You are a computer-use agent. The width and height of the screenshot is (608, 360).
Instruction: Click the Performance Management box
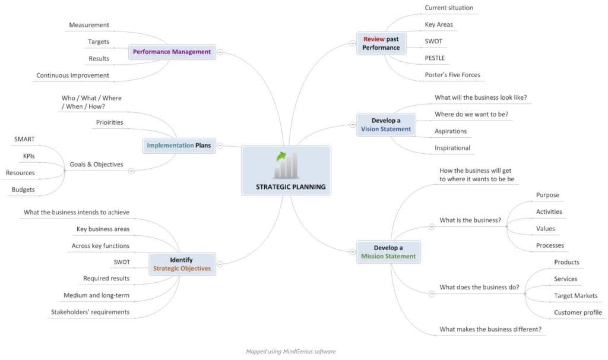pyautogui.click(x=172, y=52)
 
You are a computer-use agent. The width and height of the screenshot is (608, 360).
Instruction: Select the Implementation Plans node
pyautogui.click(x=179, y=146)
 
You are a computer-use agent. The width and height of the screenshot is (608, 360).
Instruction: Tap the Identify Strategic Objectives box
pyautogui.click(x=182, y=264)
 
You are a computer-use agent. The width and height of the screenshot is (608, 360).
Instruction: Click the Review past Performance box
pyautogui.click(x=381, y=43)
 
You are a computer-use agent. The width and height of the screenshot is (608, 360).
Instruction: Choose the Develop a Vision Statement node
pyautogui.click(x=386, y=125)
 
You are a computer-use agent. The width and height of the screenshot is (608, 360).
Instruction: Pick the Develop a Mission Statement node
pyautogui.click(x=388, y=252)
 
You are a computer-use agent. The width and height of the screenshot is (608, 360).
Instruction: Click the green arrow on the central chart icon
pyautogui.click(x=281, y=156)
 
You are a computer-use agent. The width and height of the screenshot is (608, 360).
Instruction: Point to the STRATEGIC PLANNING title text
pyautogui.click(x=291, y=187)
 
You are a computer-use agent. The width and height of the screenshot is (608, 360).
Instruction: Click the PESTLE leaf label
pyautogui.click(x=435, y=58)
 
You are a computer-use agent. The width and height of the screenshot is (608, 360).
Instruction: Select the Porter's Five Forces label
pyautogui.click(x=452, y=75)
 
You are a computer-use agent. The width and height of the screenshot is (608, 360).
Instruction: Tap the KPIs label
pyautogui.click(x=28, y=156)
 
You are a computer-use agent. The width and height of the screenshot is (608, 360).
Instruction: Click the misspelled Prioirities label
pyautogui.click(x=110, y=122)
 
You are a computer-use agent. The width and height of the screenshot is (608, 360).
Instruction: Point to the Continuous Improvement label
pyautogui.click(x=72, y=75)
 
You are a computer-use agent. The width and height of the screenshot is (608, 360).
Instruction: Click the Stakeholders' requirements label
pyautogui.click(x=90, y=312)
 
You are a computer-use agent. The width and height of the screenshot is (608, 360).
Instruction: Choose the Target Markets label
pyautogui.click(x=576, y=296)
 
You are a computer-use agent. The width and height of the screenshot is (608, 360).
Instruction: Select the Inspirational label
pyautogui.click(x=452, y=148)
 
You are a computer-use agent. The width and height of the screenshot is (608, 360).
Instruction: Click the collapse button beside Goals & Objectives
pyautogui.click(x=131, y=170)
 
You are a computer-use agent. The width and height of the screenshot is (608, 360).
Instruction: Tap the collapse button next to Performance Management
pyautogui.click(x=220, y=52)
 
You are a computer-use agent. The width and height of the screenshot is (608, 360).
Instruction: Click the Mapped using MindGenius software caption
pyautogui.click(x=291, y=352)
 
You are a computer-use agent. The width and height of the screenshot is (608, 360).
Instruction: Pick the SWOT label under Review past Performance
pyautogui.click(x=433, y=41)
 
